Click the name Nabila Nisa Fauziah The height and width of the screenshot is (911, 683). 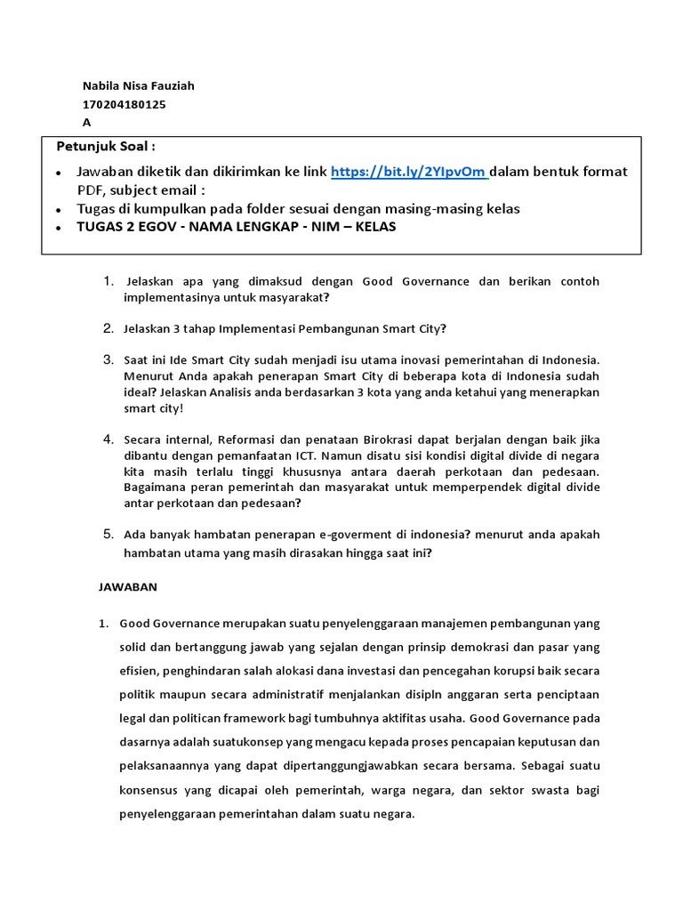138,86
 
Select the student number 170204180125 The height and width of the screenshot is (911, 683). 124,104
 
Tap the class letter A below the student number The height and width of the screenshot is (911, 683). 86,123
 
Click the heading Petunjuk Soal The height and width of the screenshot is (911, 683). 106,147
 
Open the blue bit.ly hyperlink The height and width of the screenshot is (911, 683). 409,172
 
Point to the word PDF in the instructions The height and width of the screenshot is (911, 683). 91,189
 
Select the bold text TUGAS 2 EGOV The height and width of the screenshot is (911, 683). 127,227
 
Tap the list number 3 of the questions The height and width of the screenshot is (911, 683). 107,359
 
